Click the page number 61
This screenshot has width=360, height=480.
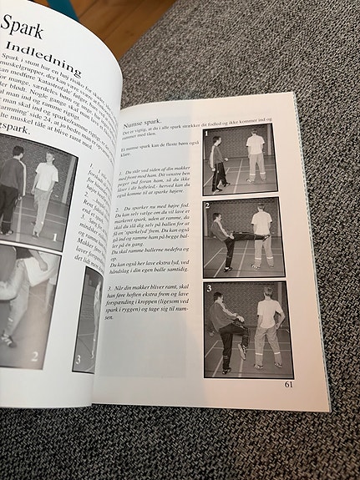point(287,385)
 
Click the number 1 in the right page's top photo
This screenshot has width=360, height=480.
point(205,134)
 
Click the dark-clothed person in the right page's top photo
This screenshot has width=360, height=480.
point(218,163)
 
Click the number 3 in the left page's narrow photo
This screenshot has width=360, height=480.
point(78,361)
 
